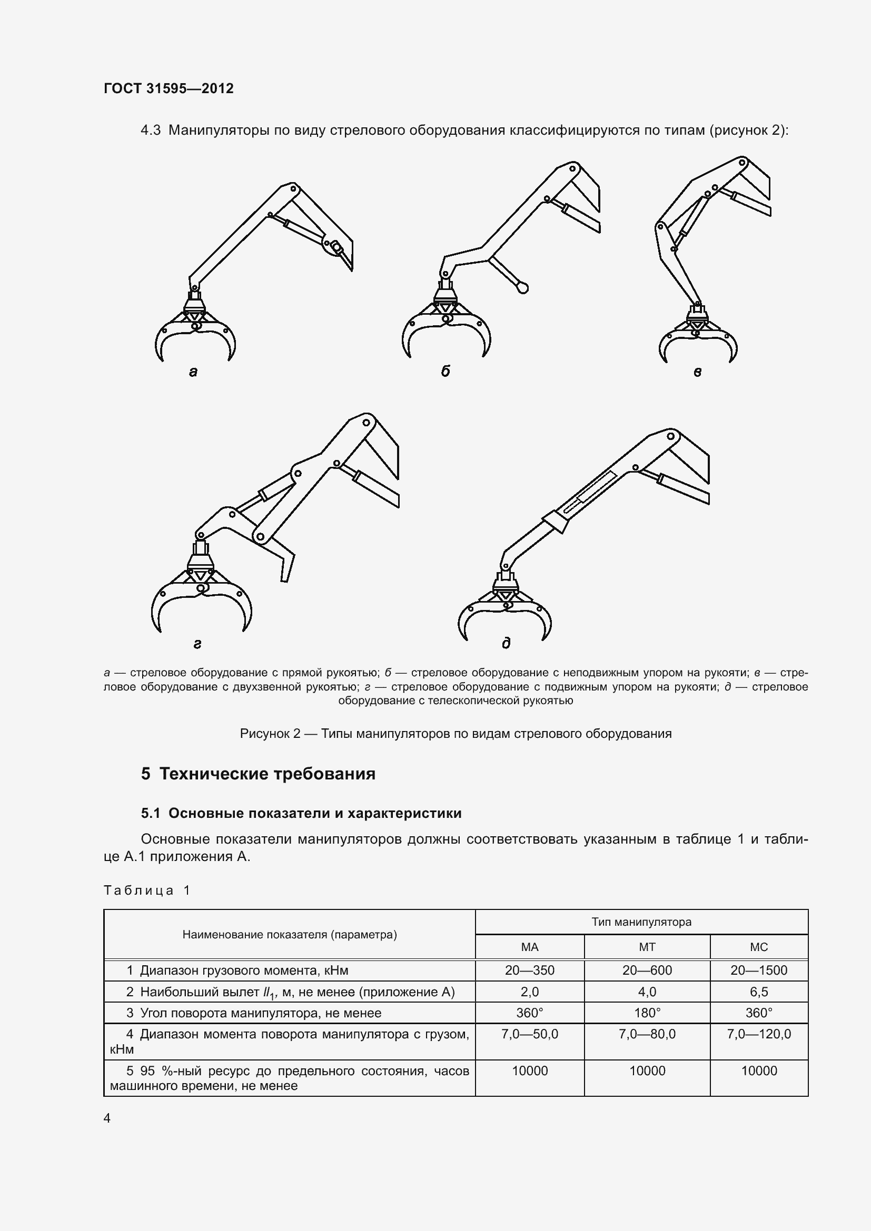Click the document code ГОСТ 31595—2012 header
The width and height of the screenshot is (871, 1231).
(x=169, y=88)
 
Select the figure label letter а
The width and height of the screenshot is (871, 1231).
(x=193, y=372)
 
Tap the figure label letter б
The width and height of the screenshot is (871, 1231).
(x=445, y=371)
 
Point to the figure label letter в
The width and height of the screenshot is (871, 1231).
(x=697, y=372)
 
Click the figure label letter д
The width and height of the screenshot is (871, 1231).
(x=506, y=643)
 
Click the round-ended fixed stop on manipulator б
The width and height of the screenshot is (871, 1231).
(x=522, y=288)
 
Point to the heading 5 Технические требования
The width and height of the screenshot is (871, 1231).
(x=258, y=774)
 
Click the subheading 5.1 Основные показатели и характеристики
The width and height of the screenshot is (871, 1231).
(x=301, y=813)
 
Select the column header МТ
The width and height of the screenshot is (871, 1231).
(x=647, y=947)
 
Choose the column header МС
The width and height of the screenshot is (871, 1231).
(x=758, y=947)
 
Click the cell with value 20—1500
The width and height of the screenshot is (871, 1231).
(x=758, y=970)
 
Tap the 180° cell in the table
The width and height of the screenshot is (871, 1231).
(x=647, y=1013)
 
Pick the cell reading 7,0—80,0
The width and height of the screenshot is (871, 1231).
(x=647, y=1034)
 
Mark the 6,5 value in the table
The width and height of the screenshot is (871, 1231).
(x=758, y=992)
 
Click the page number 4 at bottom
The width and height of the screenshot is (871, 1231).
(x=107, y=1118)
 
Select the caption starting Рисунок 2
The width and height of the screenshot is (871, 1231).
(x=456, y=734)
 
